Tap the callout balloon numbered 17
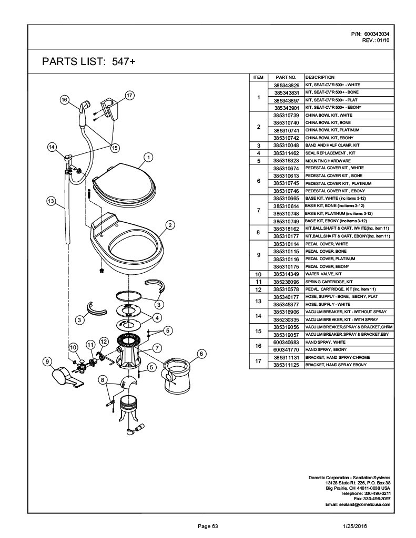click(x=129, y=95)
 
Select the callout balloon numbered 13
click(x=51, y=200)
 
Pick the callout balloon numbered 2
click(x=170, y=225)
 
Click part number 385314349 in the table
click(x=286, y=274)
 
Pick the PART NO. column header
click(x=286, y=77)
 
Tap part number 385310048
click(x=286, y=145)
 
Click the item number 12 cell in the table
click(x=258, y=289)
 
